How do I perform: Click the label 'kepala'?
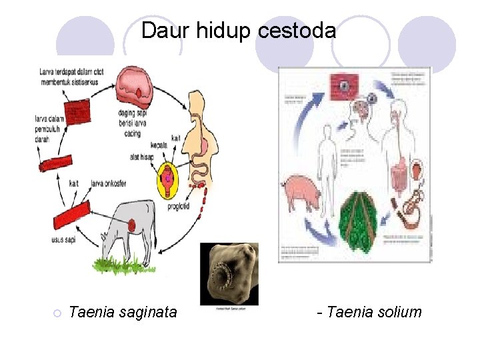161,147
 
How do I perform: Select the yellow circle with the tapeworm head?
172,179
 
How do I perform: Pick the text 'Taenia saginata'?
123,311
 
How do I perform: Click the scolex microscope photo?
229,273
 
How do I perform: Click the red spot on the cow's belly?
133,225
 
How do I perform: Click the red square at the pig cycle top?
344,86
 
